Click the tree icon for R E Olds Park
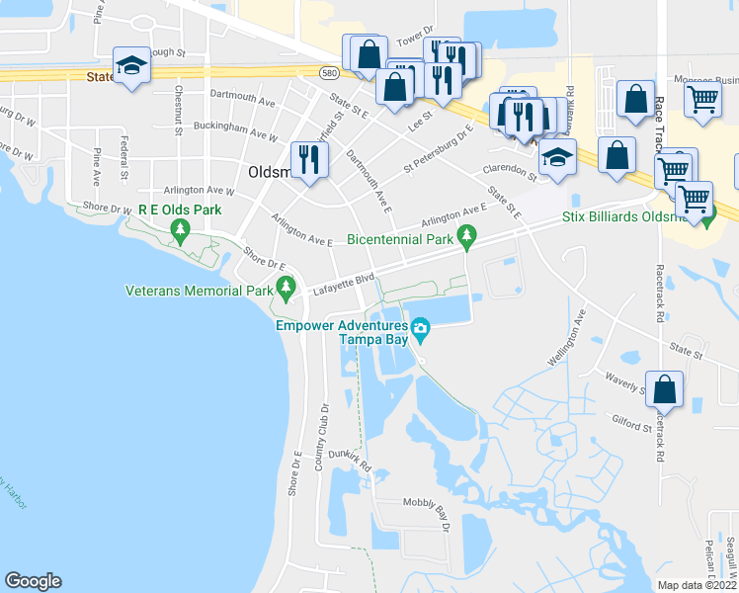point(180,230)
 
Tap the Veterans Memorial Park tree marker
point(287,289)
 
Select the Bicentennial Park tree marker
point(468,236)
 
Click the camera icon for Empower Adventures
point(420,328)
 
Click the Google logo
point(33,580)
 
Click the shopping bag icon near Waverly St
point(665,388)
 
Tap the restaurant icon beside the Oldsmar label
point(310,158)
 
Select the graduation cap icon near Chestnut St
point(131,64)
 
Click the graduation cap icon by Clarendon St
point(557,157)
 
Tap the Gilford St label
point(631,422)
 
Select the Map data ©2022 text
point(698,585)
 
